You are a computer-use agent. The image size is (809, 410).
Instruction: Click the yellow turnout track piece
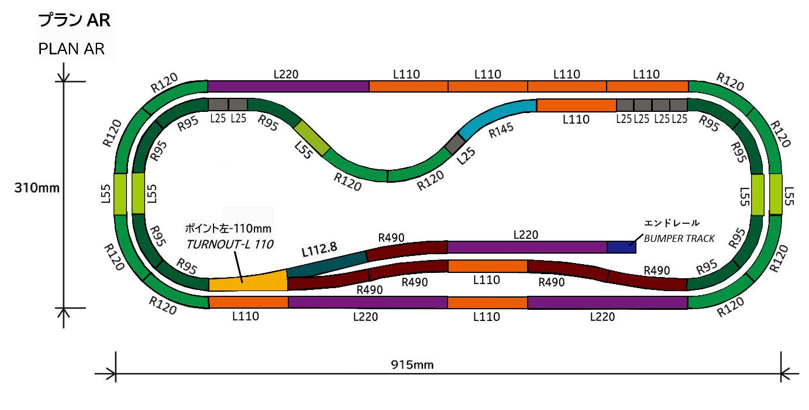tap(249, 283)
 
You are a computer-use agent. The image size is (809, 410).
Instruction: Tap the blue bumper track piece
tap(621, 247)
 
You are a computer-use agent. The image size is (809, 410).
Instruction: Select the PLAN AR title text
tap(71, 49)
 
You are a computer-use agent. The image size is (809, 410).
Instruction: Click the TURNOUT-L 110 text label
tap(230, 245)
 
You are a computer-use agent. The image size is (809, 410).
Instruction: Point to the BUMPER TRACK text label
tap(679, 238)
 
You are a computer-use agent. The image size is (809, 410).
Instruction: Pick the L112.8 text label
tap(319, 249)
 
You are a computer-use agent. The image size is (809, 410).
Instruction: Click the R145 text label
tap(501, 136)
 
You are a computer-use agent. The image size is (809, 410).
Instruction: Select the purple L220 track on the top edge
tap(288, 86)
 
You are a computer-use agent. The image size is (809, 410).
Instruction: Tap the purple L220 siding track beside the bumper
tap(526, 247)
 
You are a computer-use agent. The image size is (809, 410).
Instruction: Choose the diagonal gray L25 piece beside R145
tap(455, 143)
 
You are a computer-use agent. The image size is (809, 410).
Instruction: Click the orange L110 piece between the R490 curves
tap(487, 266)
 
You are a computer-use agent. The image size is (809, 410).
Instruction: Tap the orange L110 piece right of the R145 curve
tap(576, 105)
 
